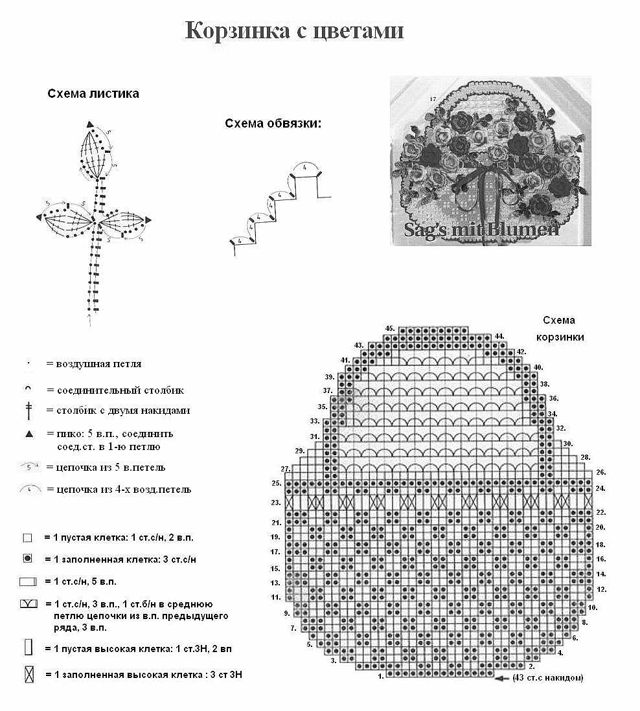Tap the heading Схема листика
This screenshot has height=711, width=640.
pyautogui.click(x=93, y=94)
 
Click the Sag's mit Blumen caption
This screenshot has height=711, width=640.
pyautogui.click(x=481, y=229)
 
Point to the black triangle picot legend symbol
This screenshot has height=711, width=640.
pyautogui.click(x=29, y=434)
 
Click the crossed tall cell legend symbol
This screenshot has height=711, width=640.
pyautogui.click(x=29, y=675)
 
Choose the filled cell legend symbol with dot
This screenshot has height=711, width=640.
pyautogui.click(x=27, y=558)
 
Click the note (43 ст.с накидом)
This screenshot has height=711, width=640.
pyautogui.click(x=547, y=678)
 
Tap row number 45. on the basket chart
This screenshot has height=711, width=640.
pyautogui.click(x=390, y=328)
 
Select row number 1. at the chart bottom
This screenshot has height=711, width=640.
pyautogui.click(x=381, y=675)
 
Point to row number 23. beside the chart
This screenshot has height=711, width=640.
pyautogui.click(x=275, y=502)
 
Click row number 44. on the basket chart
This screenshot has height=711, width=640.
pyautogui.click(x=499, y=337)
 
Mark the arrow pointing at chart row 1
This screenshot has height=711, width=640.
pyautogui.click(x=501, y=678)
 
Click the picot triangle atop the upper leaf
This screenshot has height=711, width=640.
pyautogui.click(x=90, y=124)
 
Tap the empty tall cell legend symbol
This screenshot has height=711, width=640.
pyautogui.click(x=28, y=647)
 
